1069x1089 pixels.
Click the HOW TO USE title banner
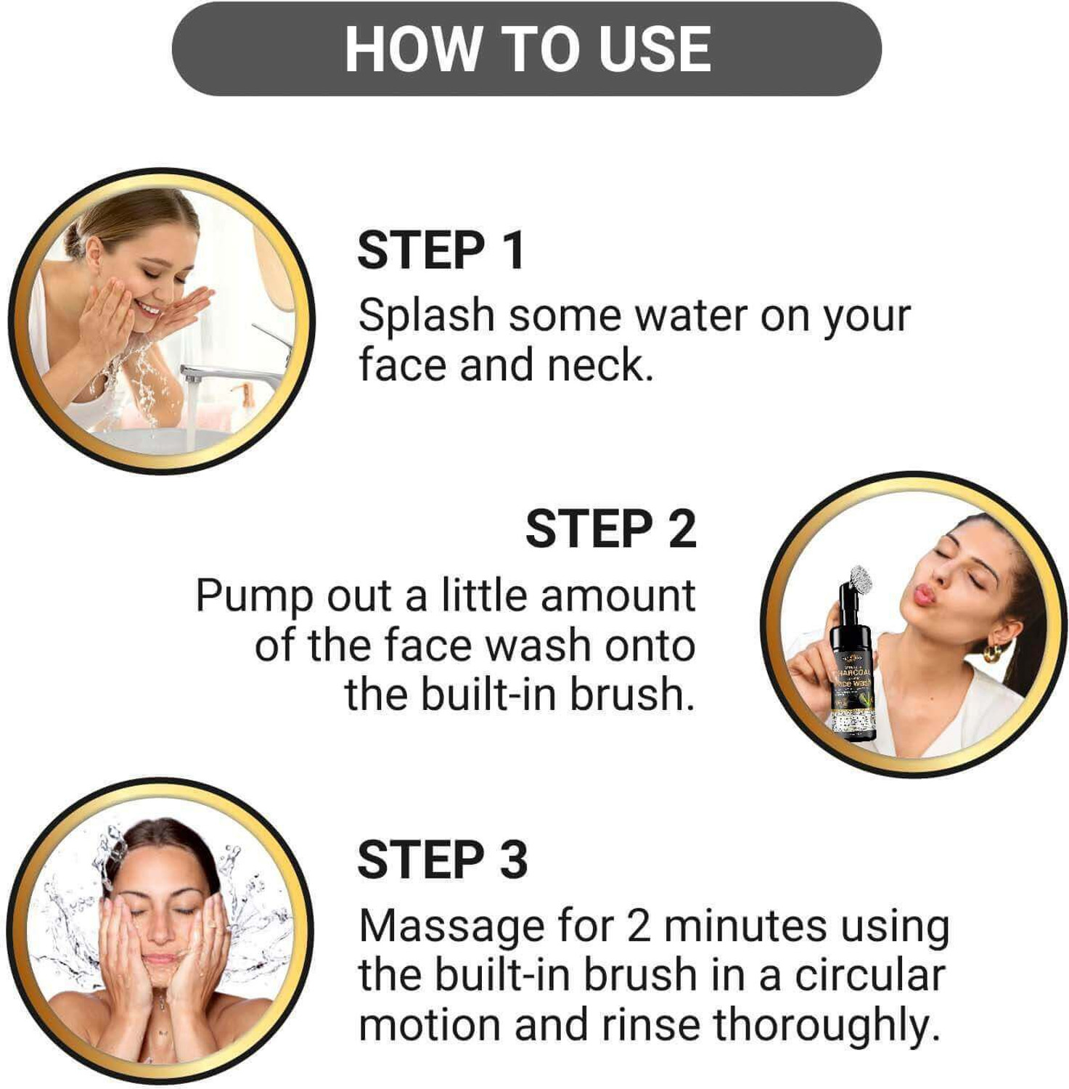pyautogui.click(x=527, y=49)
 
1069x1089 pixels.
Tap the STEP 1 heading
pyautogui.click(x=441, y=251)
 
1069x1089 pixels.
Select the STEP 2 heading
pyautogui.click(x=610, y=529)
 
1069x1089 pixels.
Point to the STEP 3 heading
pyautogui.click(x=442, y=860)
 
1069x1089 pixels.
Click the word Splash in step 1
pyautogui.click(x=426, y=317)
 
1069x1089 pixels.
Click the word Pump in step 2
pyautogui.click(x=254, y=597)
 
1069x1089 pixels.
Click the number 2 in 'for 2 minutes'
pyautogui.click(x=639, y=927)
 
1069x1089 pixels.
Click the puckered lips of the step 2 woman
pyautogui.click(x=923, y=595)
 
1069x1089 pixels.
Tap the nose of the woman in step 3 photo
pyautogui.click(x=160, y=933)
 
